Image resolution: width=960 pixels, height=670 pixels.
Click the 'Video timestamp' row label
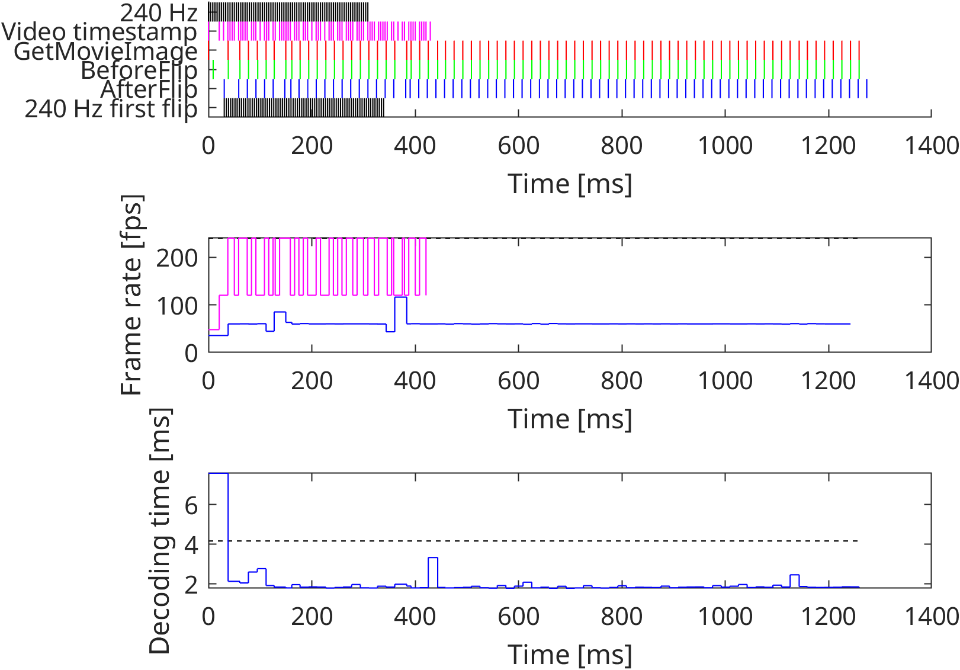pos(99,32)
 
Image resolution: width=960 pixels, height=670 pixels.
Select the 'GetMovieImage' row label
pos(105,52)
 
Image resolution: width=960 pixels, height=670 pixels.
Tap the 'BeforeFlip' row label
pos(139,70)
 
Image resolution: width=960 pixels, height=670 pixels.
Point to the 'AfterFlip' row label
pos(149,89)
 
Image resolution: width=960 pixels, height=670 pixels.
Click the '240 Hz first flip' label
pos(111,109)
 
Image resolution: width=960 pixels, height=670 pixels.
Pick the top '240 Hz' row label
pos(158,12)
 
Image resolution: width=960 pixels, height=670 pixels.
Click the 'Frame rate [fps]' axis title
pos(131,295)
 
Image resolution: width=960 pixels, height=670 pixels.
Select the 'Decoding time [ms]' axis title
pos(159,531)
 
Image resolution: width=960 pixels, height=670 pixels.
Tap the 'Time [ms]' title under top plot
pos(570,184)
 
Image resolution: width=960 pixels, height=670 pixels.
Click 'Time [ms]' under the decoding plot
pos(570,655)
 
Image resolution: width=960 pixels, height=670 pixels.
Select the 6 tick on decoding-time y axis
pos(191,505)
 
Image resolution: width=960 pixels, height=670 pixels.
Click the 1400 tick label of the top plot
pos(932,146)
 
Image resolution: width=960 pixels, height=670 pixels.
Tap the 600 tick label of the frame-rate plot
pos(518,381)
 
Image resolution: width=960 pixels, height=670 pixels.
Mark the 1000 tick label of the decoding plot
pos(725,617)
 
